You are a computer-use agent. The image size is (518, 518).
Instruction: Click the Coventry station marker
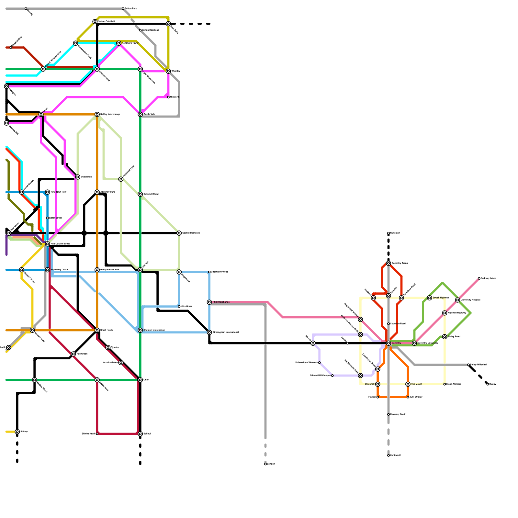point(388,343)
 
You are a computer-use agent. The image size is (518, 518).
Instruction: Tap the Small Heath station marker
point(97,330)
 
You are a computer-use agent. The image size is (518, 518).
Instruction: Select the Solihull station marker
point(140,434)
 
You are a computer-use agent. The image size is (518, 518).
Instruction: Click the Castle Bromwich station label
point(191,233)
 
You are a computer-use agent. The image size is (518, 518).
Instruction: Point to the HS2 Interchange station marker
point(209,302)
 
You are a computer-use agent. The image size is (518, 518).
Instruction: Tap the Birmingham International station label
point(226,332)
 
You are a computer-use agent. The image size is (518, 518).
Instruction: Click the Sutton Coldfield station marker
point(95,22)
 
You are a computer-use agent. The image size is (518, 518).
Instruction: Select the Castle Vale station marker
point(140,114)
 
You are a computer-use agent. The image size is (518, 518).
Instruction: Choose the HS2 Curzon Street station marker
point(48,244)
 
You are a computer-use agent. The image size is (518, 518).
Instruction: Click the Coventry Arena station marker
point(388,263)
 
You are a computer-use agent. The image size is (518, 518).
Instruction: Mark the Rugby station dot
point(488,384)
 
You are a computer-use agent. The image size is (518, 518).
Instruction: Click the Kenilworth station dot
point(388,456)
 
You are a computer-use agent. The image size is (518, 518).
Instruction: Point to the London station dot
point(265,464)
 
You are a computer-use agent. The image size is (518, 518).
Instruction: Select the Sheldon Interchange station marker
point(140,330)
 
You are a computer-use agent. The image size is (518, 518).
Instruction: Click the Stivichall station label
point(370,384)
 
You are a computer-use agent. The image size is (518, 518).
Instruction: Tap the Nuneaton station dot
point(388,233)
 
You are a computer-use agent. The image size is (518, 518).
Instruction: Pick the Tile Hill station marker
point(313,343)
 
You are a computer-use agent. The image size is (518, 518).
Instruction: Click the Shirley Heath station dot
point(97,434)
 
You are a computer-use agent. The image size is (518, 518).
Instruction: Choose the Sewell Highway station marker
point(430,298)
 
